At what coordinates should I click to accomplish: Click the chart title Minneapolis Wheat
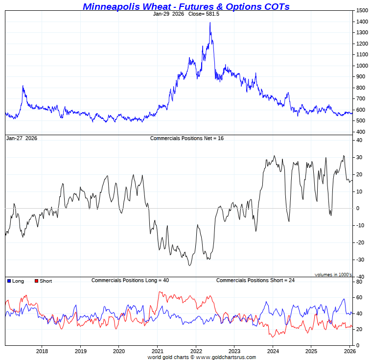coord(186,6)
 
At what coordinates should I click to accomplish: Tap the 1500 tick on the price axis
coord(362,10)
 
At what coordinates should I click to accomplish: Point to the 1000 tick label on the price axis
coord(362,66)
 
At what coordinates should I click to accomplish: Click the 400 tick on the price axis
coord(361,132)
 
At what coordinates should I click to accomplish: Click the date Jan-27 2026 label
coord(21,139)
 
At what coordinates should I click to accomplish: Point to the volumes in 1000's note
coord(333,275)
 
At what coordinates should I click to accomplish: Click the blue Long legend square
coord(9,281)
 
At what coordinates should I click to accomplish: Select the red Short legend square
coord(36,281)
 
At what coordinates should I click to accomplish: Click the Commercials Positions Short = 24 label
coord(255,280)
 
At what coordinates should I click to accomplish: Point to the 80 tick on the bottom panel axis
coord(359,282)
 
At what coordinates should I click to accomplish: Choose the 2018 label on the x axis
coord(42,351)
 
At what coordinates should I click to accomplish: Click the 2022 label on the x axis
coord(196,351)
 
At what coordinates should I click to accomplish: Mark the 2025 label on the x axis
coord(311,351)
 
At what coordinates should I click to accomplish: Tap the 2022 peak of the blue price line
coord(210,23)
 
